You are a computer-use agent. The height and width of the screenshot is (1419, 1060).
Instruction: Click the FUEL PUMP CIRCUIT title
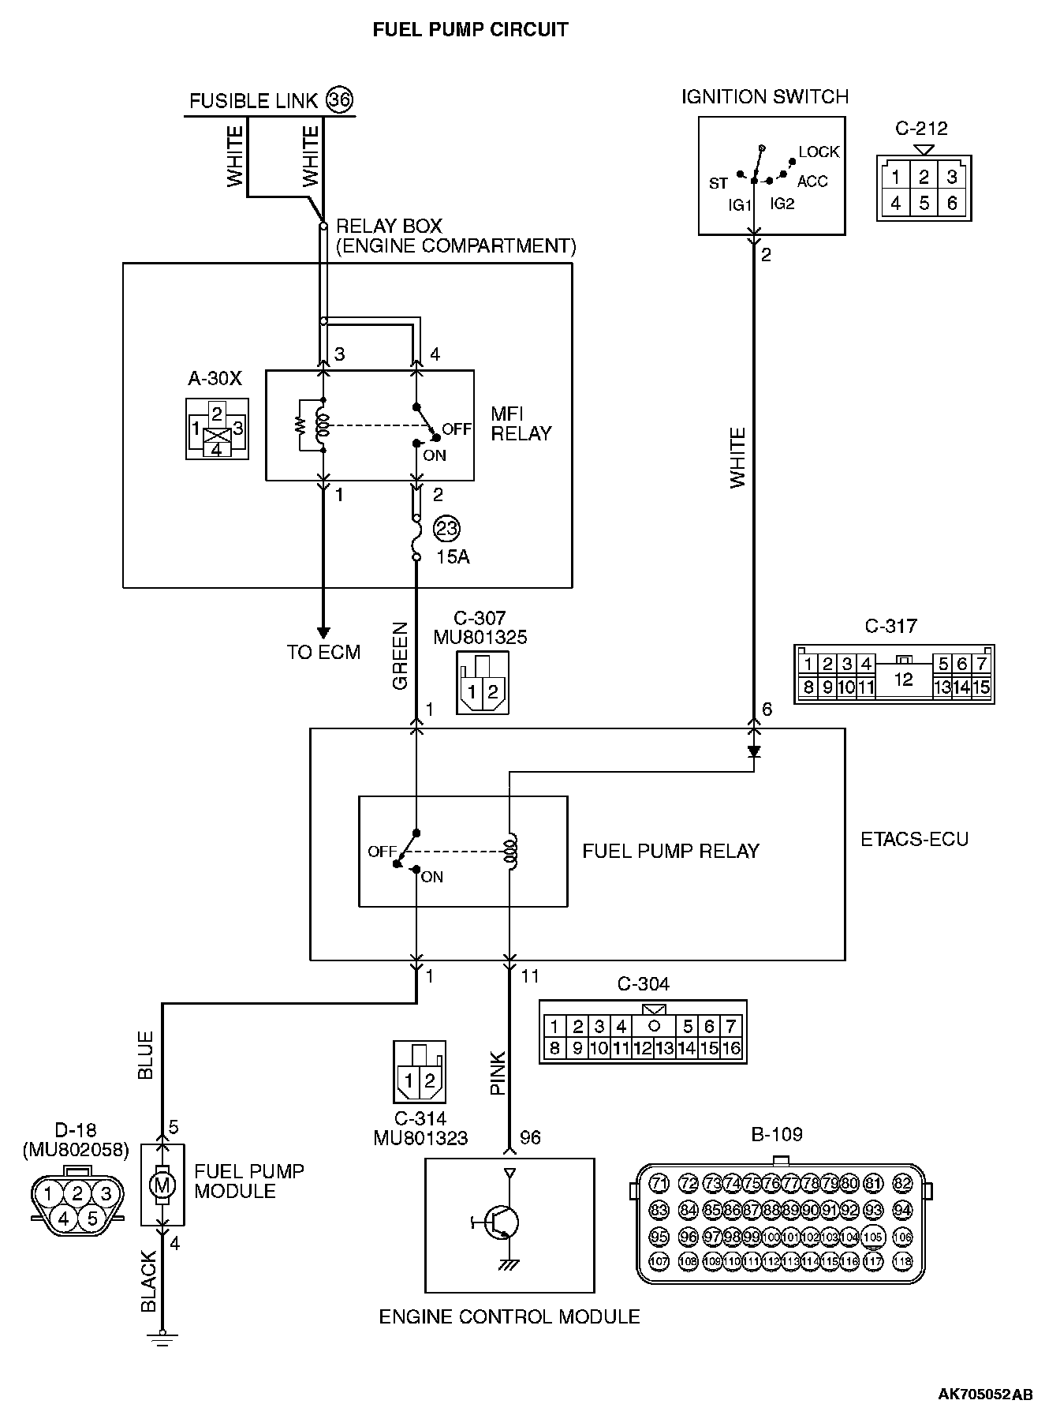[470, 30]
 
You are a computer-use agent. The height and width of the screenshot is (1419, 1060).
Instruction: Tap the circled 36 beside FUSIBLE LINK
[340, 99]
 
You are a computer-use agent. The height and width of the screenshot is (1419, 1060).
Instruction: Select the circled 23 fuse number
[446, 528]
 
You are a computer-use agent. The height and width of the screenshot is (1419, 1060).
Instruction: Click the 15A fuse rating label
[453, 556]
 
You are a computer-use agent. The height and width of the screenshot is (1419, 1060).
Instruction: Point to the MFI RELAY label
[521, 423]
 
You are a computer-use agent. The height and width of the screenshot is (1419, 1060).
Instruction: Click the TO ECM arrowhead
[323, 632]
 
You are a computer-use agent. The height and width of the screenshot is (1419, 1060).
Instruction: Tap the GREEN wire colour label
[400, 656]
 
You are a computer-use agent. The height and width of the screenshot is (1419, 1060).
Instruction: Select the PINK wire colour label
[498, 1073]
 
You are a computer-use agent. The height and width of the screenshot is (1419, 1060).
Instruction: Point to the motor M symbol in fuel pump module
[162, 1185]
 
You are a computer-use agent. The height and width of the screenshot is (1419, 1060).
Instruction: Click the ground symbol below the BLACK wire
[162, 1339]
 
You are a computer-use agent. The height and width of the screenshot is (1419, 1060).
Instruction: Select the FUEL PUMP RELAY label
[670, 851]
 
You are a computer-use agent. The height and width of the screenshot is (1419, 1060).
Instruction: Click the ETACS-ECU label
[914, 839]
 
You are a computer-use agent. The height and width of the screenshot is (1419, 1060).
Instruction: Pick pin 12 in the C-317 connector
[903, 679]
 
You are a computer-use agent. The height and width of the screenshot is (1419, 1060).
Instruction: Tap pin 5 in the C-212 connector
[924, 203]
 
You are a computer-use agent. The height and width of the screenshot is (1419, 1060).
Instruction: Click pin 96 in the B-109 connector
[688, 1237]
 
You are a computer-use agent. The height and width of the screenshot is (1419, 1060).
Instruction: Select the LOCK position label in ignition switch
[819, 152]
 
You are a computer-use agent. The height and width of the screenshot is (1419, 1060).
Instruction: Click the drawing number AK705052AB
[985, 1394]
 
